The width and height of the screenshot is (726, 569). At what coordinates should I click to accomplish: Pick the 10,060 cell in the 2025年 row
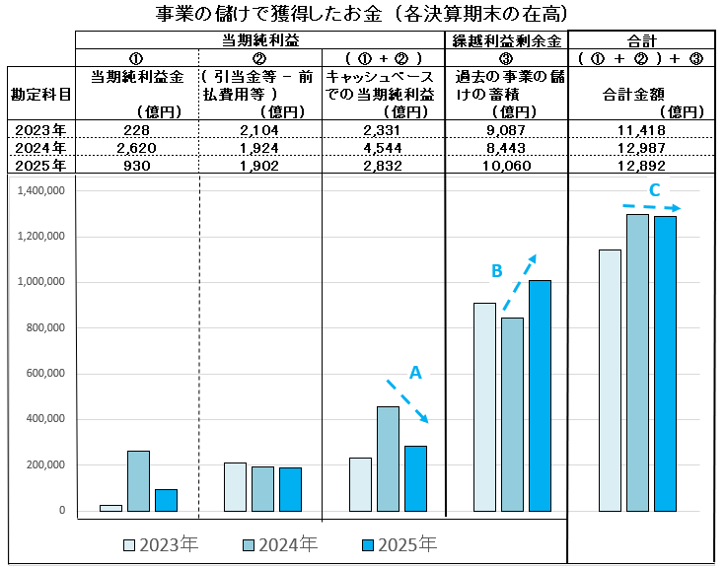(x=507, y=166)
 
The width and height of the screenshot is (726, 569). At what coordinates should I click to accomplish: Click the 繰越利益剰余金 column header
(x=507, y=40)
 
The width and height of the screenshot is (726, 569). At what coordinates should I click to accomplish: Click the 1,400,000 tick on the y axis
(x=40, y=190)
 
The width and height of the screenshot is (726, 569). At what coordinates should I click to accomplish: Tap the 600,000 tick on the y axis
(x=44, y=374)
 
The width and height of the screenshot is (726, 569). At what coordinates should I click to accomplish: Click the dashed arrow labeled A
(x=408, y=401)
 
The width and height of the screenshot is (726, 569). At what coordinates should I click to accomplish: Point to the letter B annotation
(x=497, y=270)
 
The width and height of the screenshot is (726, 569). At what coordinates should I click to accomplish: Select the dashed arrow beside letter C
(x=652, y=206)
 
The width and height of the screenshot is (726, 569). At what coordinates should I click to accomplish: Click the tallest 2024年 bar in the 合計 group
(x=638, y=363)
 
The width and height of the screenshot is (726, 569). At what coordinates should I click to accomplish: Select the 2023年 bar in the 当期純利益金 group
(x=110, y=507)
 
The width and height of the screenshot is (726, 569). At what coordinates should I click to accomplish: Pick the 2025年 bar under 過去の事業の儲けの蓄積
(x=540, y=395)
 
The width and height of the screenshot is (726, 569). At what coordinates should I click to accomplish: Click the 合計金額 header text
(x=631, y=96)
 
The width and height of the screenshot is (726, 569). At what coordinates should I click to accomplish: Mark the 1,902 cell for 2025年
(x=260, y=166)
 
